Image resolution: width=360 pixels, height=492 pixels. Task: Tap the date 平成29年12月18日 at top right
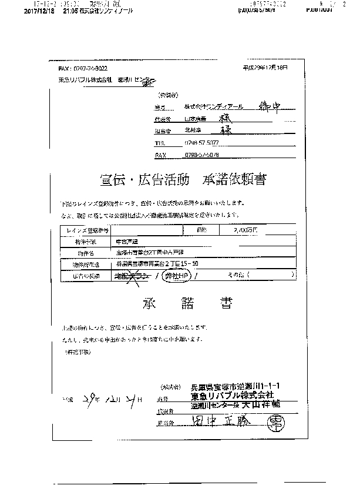(265, 68)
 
